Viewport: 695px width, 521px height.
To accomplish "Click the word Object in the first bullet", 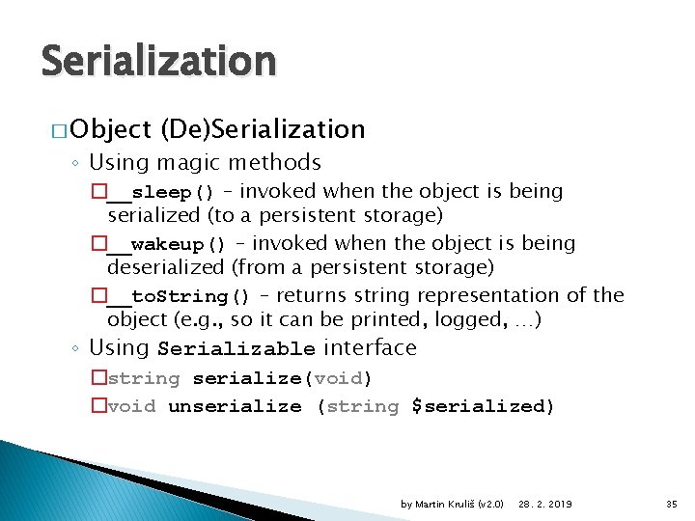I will click(x=110, y=129).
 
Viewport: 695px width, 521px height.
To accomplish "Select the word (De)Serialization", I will click(x=263, y=129).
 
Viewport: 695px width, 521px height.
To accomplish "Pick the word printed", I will click(x=343, y=318).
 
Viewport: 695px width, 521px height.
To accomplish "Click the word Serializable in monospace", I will click(x=236, y=349).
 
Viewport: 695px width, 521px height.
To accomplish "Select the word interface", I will click(x=371, y=347).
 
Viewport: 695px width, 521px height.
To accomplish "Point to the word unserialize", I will click(x=235, y=406).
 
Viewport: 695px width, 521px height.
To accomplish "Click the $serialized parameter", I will click(x=483, y=406).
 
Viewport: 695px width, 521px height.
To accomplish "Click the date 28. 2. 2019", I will click(x=544, y=504).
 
